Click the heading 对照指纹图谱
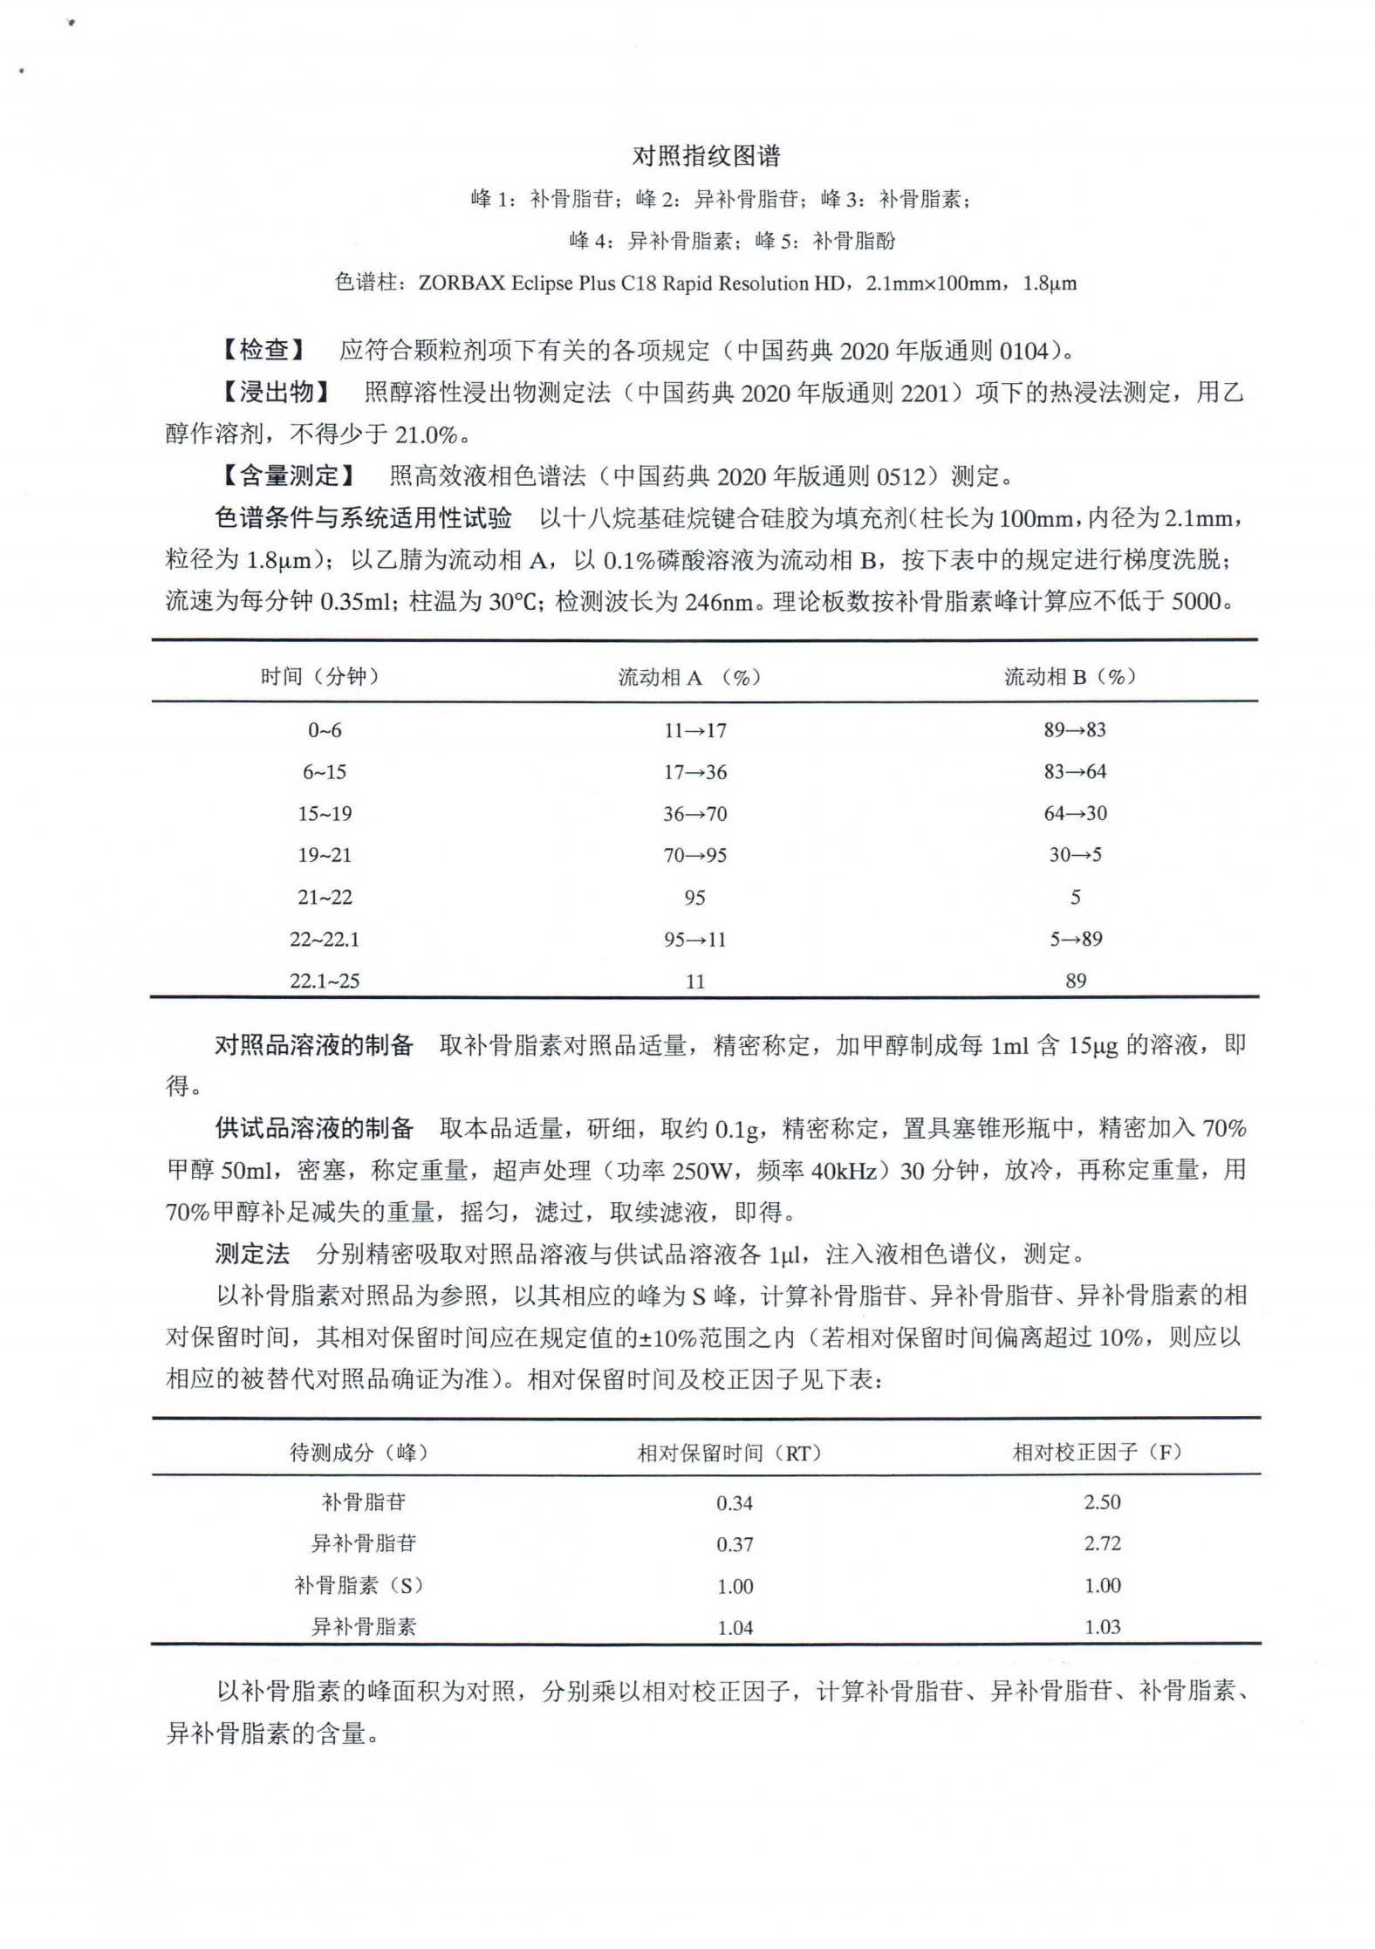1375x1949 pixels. [x=706, y=157]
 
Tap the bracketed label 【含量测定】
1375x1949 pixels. [x=287, y=476]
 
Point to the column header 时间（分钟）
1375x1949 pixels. [x=320, y=676]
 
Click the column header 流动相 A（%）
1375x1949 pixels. [x=689, y=678]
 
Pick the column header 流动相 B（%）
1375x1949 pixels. [x=1071, y=676]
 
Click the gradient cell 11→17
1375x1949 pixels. [x=694, y=730]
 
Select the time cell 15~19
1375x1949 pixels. [x=325, y=814]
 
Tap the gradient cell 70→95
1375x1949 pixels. [x=694, y=856]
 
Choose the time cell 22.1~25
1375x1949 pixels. [x=325, y=981]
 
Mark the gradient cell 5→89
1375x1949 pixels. [x=1075, y=940]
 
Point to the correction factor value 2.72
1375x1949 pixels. [x=1102, y=1543]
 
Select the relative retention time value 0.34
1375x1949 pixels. [x=735, y=1502]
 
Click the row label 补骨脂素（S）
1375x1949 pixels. [x=359, y=1585]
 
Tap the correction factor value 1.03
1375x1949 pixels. [x=1102, y=1627]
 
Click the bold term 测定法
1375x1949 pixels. [x=252, y=1255]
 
